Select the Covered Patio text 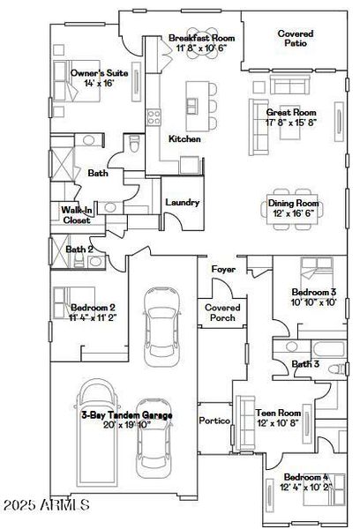295,39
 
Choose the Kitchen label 184,139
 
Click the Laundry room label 182,203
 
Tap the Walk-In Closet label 76,215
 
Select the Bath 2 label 80,250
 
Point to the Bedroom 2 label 93,312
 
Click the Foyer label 222,268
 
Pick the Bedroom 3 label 314,297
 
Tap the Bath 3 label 304,363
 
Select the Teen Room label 279,417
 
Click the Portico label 214,421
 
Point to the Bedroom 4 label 300,481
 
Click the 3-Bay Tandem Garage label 126,419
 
